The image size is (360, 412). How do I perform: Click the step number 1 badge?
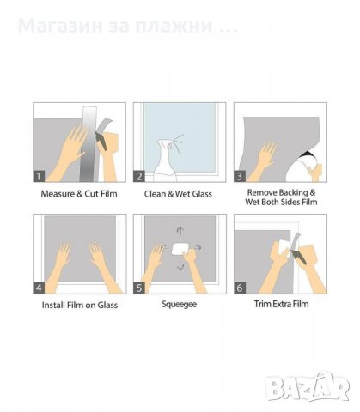[x=39, y=176]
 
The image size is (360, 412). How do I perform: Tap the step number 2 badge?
[x=139, y=176]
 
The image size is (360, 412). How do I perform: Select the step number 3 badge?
[x=240, y=176]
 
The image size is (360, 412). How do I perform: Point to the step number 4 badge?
[x=39, y=288]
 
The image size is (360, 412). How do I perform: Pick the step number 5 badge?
[x=139, y=288]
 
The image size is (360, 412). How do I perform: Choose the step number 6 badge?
[x=240, y=288]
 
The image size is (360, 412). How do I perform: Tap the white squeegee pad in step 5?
[x=180, y=248]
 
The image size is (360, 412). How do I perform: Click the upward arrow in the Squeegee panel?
[x=180, y=231]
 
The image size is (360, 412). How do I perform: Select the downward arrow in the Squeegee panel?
[x=180, y=266]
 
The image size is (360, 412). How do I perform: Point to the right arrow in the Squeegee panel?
[x=198, y=248]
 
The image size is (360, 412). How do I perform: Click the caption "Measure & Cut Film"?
[x=79, y=194]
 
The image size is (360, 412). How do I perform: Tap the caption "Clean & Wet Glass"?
[x=178, y=194]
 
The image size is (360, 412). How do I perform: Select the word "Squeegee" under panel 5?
[x=179, y=304]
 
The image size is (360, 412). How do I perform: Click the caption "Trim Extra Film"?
[x=281, y=304]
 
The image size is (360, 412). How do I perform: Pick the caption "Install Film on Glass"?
[x=80, y=305]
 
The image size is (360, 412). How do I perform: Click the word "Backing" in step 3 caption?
[x=294, y=193]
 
